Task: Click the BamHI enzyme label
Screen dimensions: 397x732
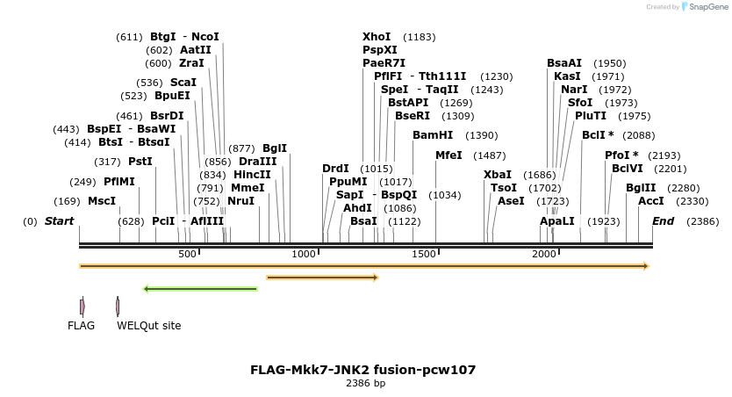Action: [x=433, y=135]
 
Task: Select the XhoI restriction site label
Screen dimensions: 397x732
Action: [x=377, y=37]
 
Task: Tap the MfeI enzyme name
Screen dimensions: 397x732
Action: [x=449, y=155]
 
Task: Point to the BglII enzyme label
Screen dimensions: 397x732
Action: [x=641, y=188]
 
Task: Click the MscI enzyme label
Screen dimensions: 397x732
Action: [x=102, y=201]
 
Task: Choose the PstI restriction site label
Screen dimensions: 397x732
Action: [x=140, y=162]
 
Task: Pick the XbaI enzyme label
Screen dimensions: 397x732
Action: [x=498, y=175]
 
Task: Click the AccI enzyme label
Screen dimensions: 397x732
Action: [x=651, y=201]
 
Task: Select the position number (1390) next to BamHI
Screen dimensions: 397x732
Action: [x=481, y=135]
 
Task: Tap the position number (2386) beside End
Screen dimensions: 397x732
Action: [x=703, y=221]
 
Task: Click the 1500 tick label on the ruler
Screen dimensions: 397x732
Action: [x=424, y=254]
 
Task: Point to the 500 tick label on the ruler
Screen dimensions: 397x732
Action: [x=188, y=254]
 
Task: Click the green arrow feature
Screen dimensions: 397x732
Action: [x=200, y=288]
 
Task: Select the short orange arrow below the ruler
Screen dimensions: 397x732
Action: [x=322, y=278]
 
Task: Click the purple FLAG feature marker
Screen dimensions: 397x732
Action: [x=82, y=306]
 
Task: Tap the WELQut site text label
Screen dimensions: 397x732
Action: [x=149, y=326]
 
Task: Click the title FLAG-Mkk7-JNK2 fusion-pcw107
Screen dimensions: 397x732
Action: [x=363, y=370]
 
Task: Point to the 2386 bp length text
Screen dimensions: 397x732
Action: [x=365, y=383]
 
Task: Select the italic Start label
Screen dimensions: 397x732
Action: [x=59, y=221]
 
